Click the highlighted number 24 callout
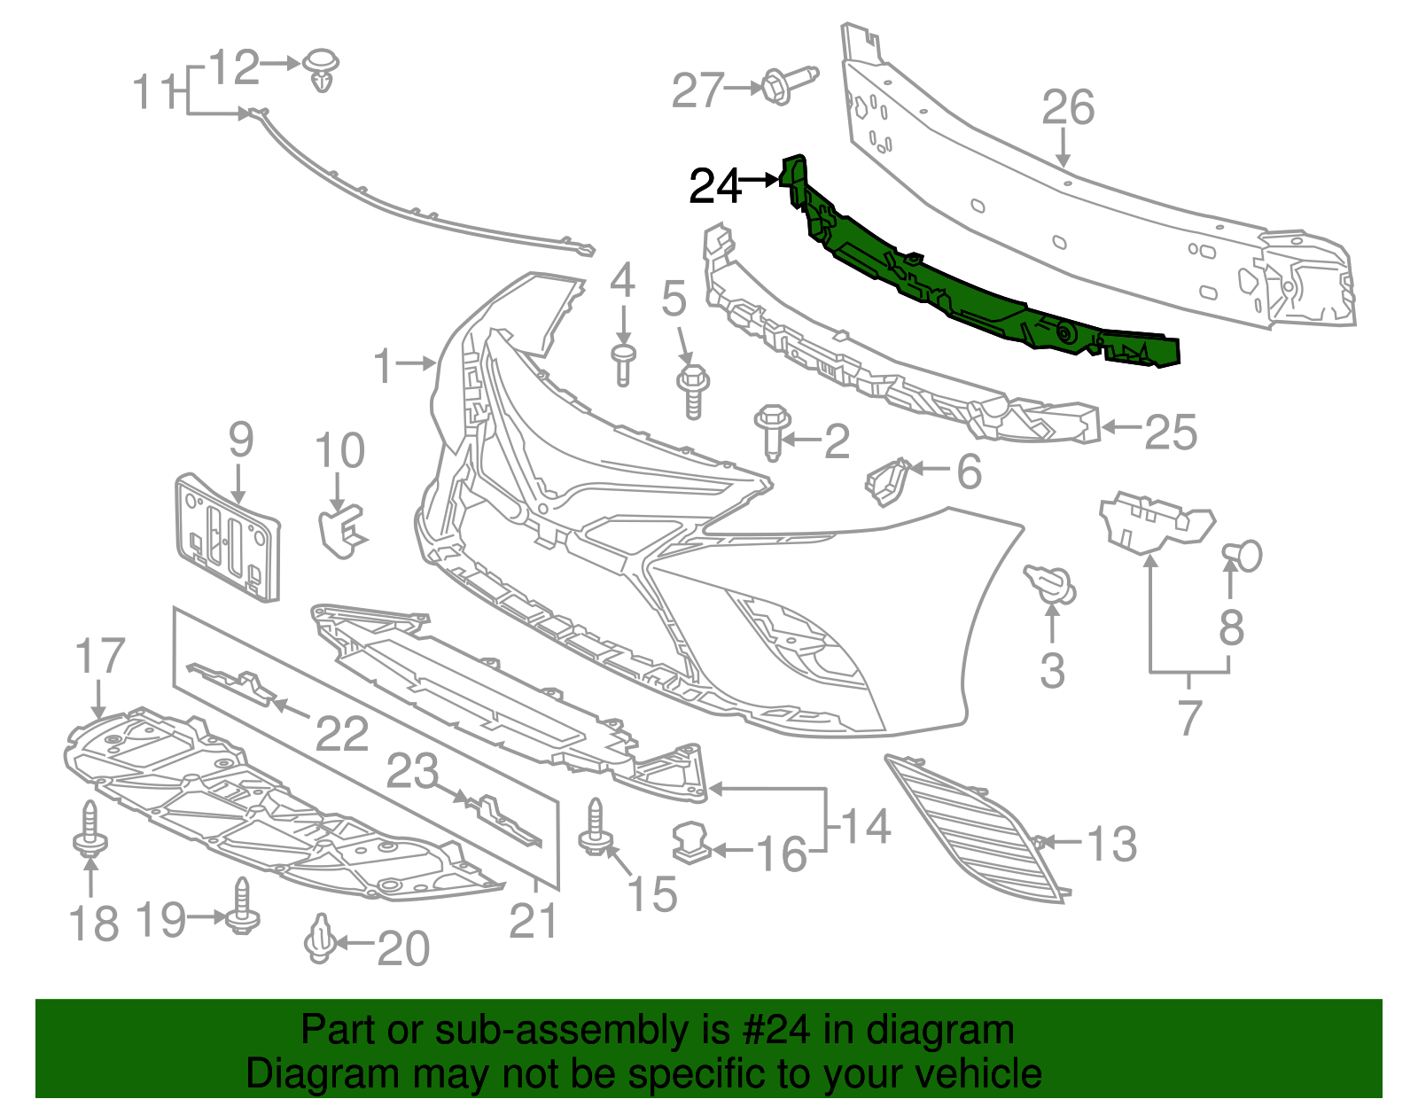tap(714, 186)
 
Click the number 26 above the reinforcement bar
tap(1068, 108)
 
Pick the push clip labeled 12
tap(323, 70)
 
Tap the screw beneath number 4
tap(623, 364)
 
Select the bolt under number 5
tap(693, 390)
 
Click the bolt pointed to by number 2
tap(773, 431)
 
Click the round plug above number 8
tap(1244, 555)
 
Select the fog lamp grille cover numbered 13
tap(975, 829)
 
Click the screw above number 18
tap(90, 829)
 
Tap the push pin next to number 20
tap(319, 939)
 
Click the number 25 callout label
tap(1170, 433)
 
